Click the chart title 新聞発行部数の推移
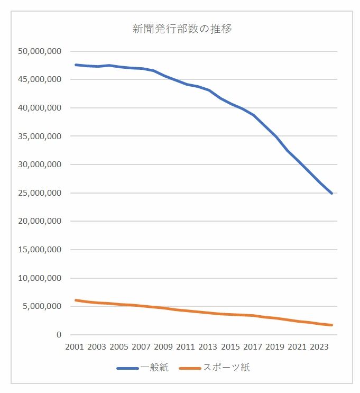(182, 29)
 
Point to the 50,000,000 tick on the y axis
(40, 51)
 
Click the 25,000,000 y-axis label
(40, 193)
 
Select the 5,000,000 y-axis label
(43, 306)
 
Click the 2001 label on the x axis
(75, 347)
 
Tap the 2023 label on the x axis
(320, 347)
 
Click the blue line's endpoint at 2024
(331, 194)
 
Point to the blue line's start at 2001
(76, 65)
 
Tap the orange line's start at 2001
(76, 300)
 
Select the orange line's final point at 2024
(331, 325)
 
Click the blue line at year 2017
(253, 115)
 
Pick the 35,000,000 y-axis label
(40, 136)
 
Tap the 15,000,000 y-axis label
(40, 250)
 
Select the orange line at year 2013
(209, 313)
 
